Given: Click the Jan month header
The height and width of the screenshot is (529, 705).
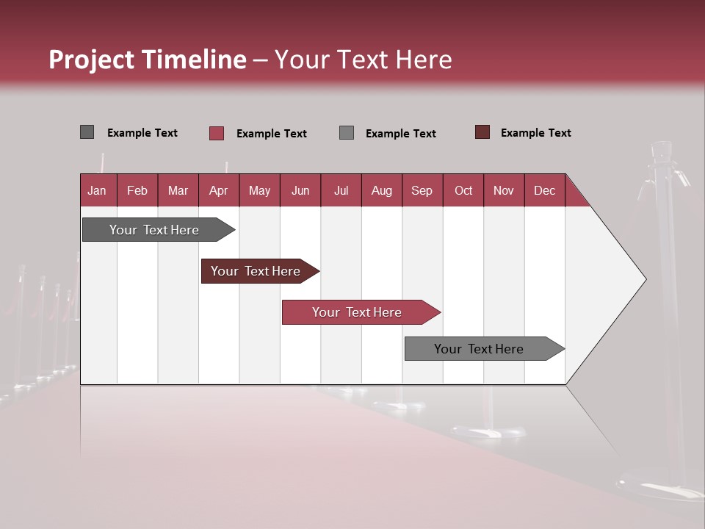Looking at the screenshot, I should [98, 190].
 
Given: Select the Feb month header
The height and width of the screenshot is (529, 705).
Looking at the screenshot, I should [137, 190].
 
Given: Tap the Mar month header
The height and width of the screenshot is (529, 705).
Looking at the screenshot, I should [178, 190].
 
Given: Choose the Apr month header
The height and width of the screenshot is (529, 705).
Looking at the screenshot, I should [219, 190].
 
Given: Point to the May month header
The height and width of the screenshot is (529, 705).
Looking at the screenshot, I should [259, 190].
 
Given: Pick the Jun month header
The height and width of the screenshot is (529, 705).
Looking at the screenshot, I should [300, 190].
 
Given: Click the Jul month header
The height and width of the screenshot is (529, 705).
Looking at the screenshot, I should [341, 190].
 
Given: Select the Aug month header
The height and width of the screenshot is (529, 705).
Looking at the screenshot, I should [382, 190].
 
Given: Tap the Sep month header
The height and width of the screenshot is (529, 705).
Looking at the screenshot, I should [422, 190].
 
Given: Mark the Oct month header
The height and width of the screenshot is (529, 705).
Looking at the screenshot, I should [463, 190].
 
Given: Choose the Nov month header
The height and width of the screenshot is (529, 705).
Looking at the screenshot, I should [504, 190].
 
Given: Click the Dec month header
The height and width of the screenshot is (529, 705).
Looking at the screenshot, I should [545, 190].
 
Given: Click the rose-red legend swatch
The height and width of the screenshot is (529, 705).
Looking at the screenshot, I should [217, 133].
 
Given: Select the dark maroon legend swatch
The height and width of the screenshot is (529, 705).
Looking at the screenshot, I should [482, 132].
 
